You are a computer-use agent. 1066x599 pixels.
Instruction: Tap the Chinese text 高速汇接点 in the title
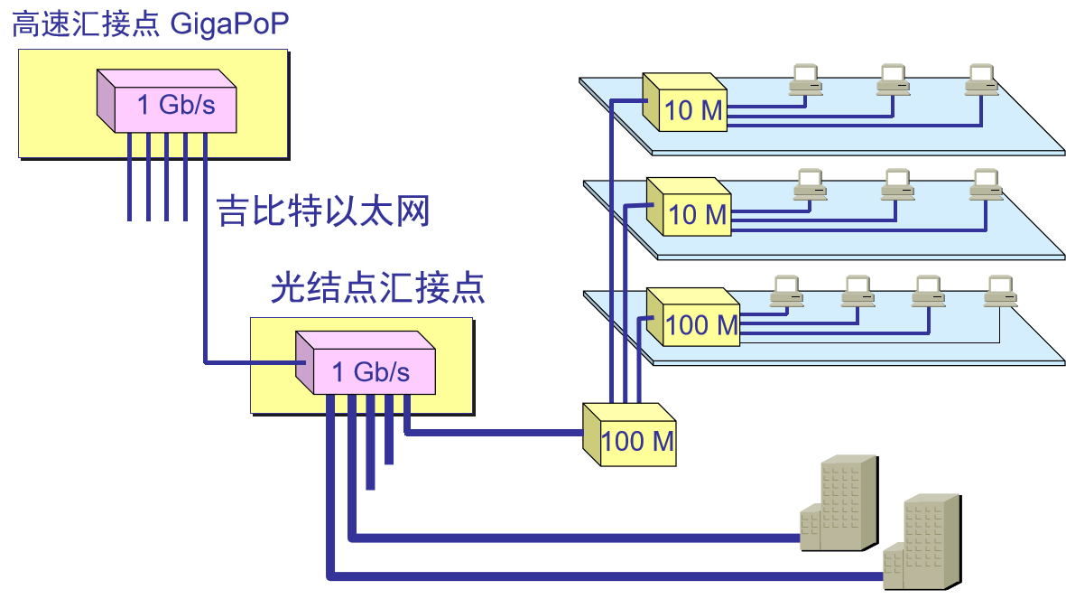(x=86, y=23)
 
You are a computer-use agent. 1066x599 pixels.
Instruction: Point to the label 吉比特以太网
(x=323, y=212)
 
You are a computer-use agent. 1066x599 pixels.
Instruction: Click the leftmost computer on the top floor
(x=804, y=80)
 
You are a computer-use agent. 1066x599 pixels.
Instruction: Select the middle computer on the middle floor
(x=896, y=185)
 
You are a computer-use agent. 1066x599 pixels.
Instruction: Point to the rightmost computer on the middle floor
(x=986, y=185)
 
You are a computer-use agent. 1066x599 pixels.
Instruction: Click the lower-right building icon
(x=921, y=542)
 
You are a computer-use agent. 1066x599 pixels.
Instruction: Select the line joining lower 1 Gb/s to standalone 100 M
(x=496, y=434)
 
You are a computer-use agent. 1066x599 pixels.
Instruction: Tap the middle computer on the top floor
(x=893, y=80)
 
